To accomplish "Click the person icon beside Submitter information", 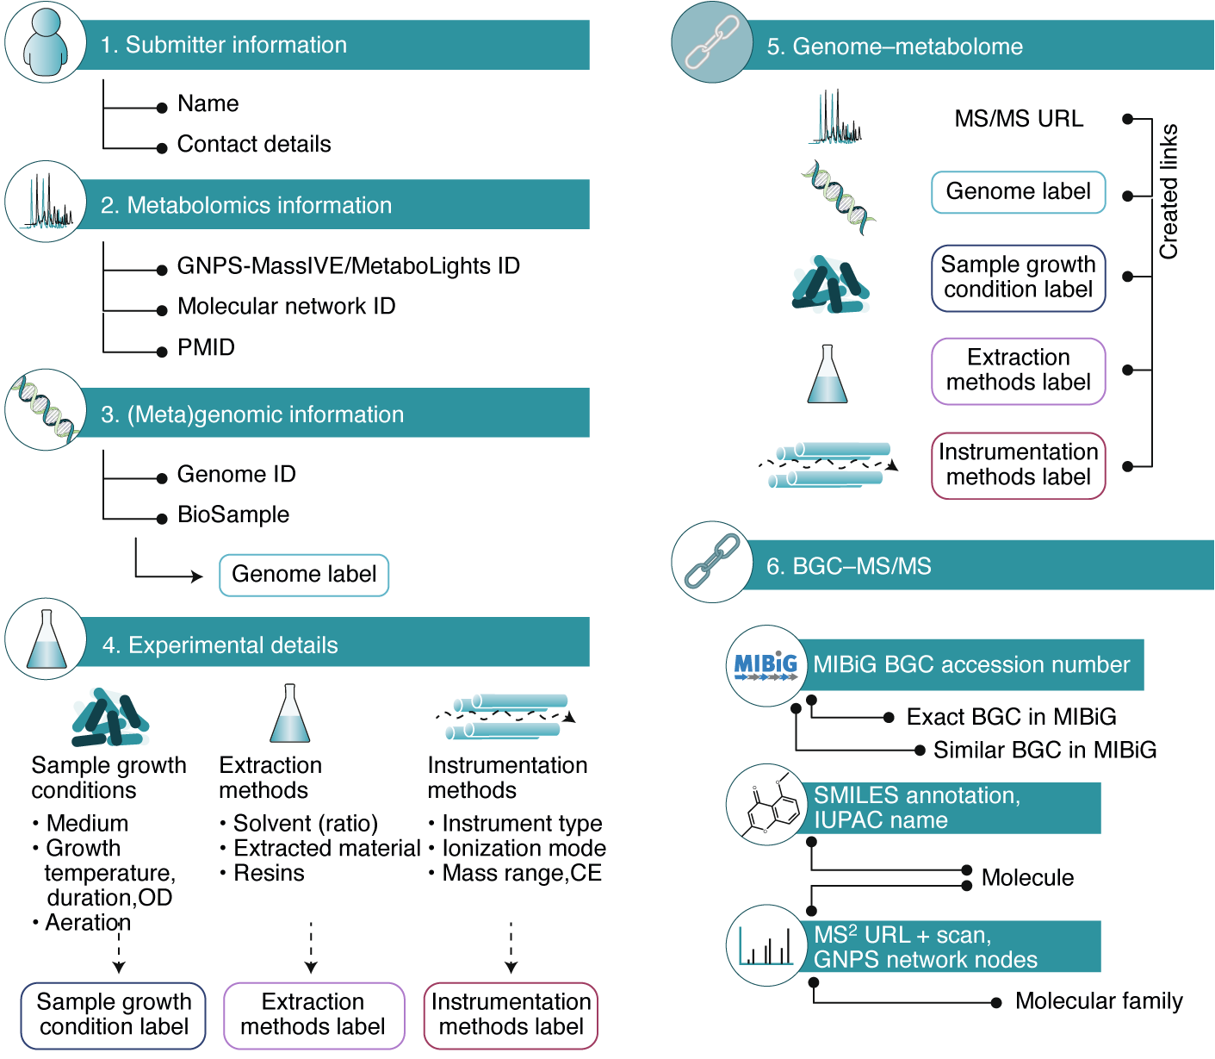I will (46, 43).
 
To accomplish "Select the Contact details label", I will (254, 144).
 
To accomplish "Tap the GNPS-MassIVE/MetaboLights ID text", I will (348, 265).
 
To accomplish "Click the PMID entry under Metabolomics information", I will (206, 347).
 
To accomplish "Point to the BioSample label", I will (233, 514).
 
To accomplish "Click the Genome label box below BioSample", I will (304, 575).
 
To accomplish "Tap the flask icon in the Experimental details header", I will (46, 640).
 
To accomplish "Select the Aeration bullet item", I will (87, 922).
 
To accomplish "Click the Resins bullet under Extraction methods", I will (269, 873).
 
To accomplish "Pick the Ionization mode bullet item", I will (523, 848).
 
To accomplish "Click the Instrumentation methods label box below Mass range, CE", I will (511, 1015).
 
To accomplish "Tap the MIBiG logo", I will (766, 666).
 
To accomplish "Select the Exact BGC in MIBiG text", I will (1011, 717).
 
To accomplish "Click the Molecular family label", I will (1098, 1001).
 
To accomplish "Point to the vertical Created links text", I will (1169, 191).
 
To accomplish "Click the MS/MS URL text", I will (1019, 119).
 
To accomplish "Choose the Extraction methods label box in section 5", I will (1018, 371).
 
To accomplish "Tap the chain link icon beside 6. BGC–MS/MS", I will (711, 562).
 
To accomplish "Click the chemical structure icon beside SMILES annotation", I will (766, 805).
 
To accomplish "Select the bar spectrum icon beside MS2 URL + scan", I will (766, 945).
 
